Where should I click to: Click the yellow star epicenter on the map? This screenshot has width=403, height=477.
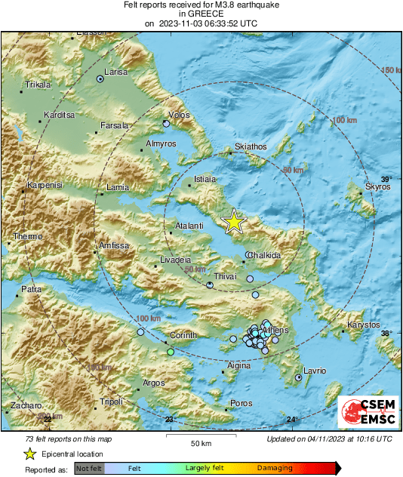[x=235, y=221]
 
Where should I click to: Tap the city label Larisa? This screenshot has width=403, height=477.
[x=115, y=72]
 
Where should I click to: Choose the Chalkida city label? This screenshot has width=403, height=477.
[x=264, y=256]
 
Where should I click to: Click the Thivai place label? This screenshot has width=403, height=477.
[x=228, y=277]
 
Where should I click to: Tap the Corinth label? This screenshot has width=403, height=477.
[x=183, y=335]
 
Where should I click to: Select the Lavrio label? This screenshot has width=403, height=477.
[x=314, y=371]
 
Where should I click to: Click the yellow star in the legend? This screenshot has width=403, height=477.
[x=29, y=454]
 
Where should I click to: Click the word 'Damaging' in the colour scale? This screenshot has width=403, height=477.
[x=275, y=469]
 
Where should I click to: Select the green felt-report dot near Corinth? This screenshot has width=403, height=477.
[x=171, y=352]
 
